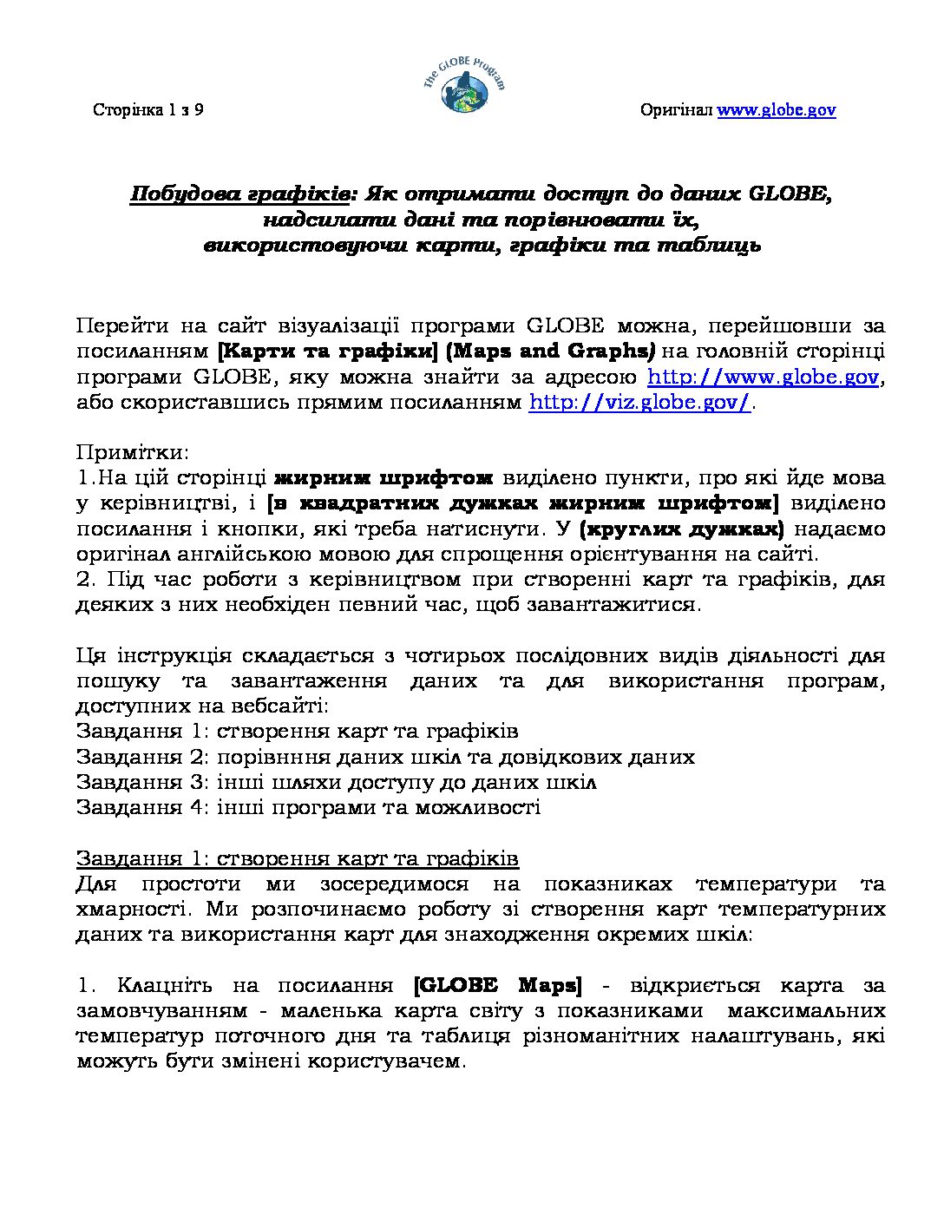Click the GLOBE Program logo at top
463,85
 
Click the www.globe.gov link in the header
776,110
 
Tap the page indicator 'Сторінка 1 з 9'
148,110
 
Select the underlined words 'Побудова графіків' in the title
239,194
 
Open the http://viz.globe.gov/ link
639,403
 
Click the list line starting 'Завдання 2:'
385,757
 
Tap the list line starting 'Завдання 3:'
336,782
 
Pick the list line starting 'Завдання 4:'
308,807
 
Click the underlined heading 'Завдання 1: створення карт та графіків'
297,858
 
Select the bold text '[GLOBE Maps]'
498,986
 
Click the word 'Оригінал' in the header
676,110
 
